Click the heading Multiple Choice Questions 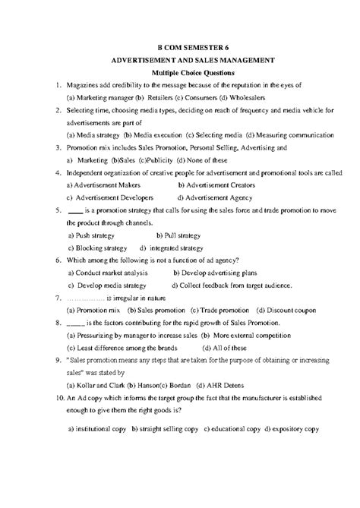coord(180,71)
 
